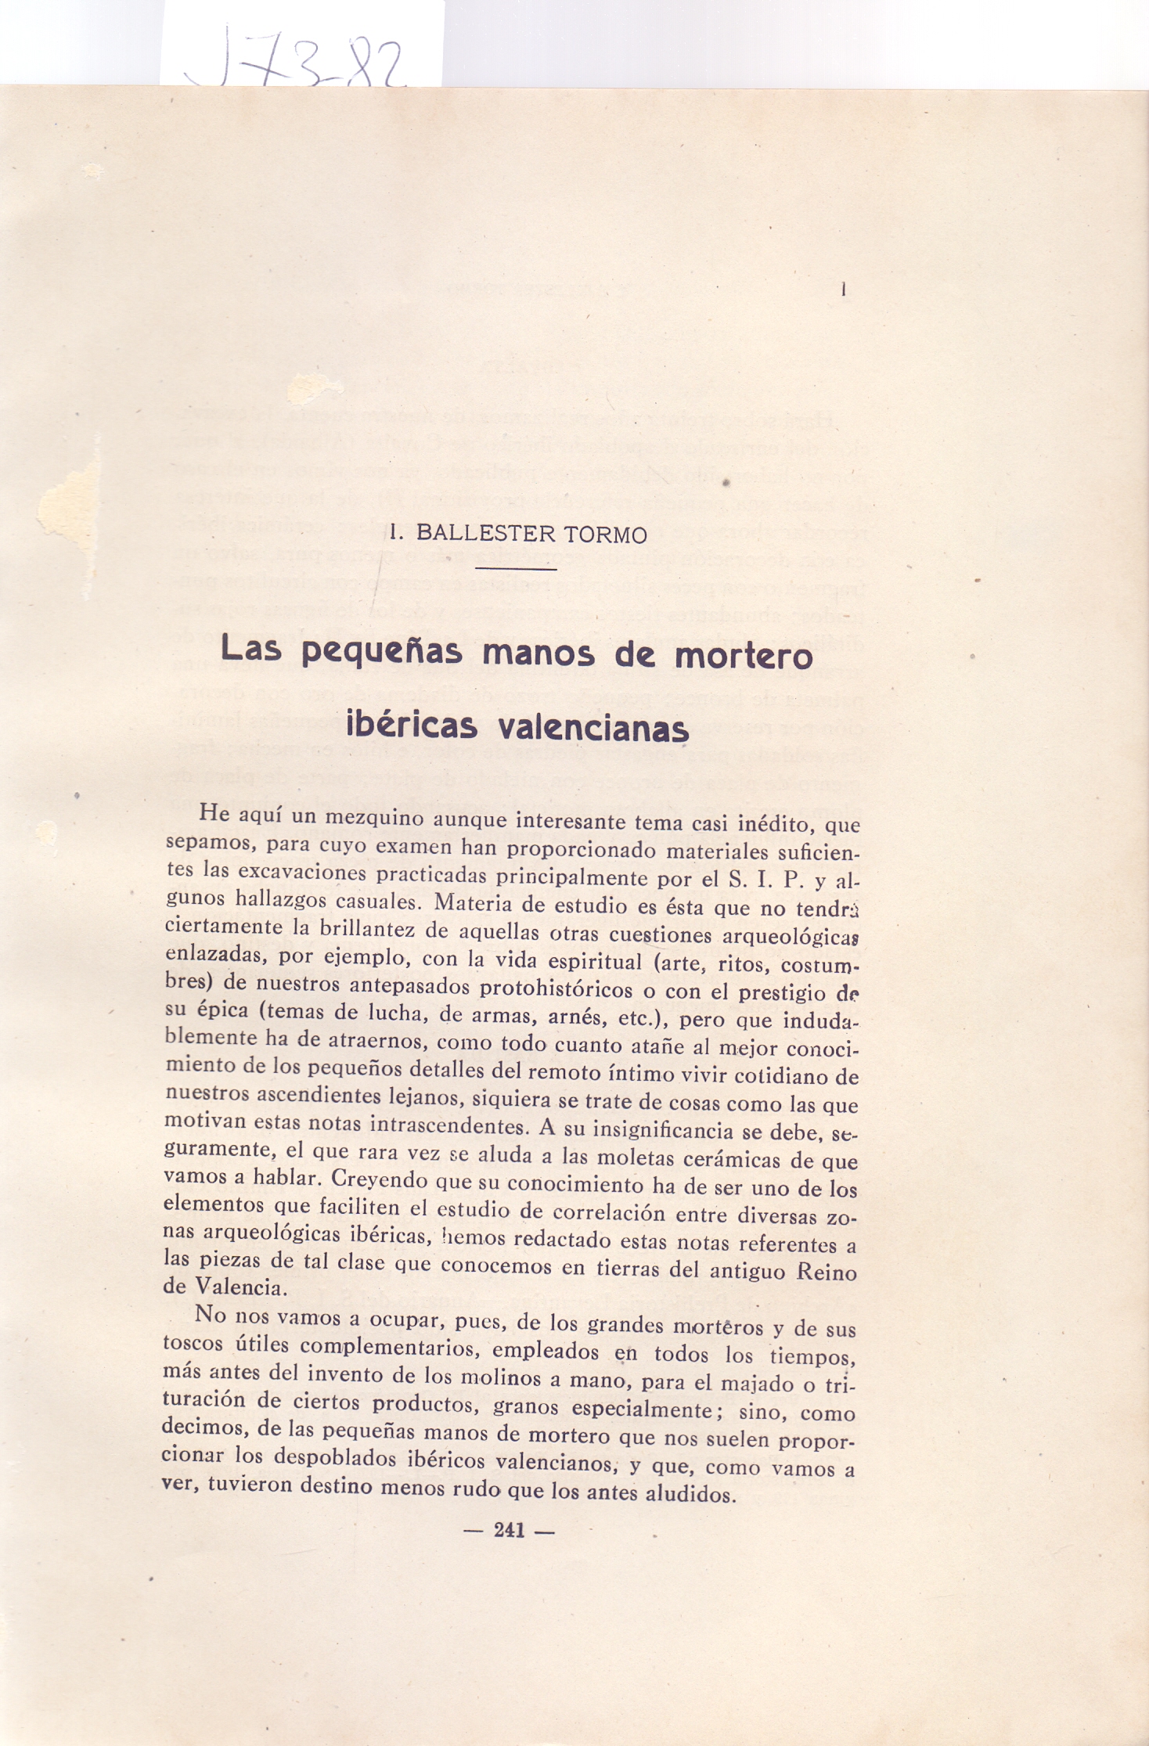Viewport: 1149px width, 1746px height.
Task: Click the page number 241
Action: click(509, 1531)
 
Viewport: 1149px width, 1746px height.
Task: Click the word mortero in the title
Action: click(744, 654)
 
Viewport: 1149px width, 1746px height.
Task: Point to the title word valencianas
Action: click(593, 728)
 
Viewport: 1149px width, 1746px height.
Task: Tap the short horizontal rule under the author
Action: click(517, 569)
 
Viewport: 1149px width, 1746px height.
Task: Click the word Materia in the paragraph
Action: click(469, 903)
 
